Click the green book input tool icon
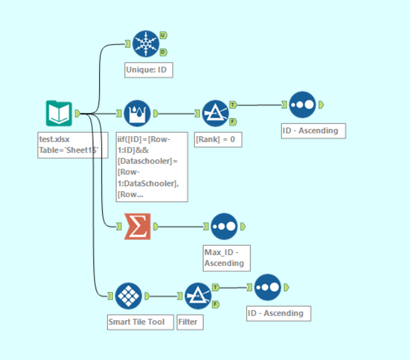tap(59, 114)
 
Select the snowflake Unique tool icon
tap(145, 44)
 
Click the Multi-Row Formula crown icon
tap(137, 114)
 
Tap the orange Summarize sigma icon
tap(137, 226)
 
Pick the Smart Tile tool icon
tap(128, 296)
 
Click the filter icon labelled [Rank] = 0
tap(215, 114)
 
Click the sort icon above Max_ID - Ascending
tap(224, 226)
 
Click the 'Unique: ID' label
tap(149, 70)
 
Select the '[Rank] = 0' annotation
tap(219, 139)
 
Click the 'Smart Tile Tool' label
tap(140, 322)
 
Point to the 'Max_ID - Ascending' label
tap(226, 257)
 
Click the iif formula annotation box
tap(155, 166)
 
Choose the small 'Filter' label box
tap(190, 322)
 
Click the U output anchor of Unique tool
tap(163, 35)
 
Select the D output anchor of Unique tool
tap(163, 52)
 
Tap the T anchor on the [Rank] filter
tap(233, 105)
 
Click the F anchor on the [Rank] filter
tap(233, 122)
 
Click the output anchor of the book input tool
tap(78, 114)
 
